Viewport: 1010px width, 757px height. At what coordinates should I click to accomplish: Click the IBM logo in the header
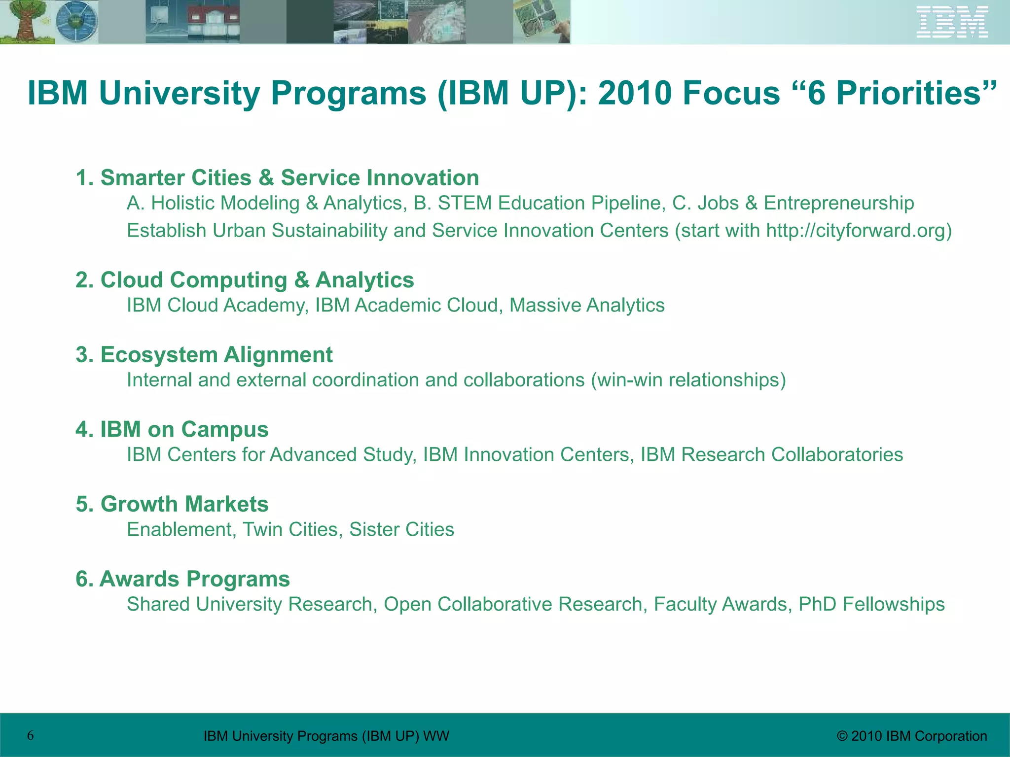(952, 22)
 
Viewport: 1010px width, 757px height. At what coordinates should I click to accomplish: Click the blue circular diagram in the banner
(76, 22)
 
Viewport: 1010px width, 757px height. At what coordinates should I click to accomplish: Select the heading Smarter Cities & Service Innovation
(277, 178)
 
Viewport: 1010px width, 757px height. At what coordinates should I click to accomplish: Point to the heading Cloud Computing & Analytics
(245, 280)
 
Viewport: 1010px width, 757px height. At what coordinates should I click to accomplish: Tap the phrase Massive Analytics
(587, 306)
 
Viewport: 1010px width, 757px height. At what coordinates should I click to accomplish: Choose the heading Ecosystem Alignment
(204, 355)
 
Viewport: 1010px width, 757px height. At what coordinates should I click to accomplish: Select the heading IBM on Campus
(172, 429)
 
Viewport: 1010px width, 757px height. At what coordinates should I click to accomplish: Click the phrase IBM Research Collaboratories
(772, 455)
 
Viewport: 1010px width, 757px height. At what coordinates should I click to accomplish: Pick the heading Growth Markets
(172, 504)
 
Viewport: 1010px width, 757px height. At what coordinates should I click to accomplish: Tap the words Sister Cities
(401, 530)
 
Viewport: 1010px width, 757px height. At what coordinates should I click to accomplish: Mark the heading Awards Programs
(182, 579)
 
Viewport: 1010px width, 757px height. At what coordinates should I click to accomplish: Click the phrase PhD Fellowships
(871, 604)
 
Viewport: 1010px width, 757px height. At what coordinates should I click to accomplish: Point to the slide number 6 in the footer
(31, 736)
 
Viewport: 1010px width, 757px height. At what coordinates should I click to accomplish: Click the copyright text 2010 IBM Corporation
(912, 736)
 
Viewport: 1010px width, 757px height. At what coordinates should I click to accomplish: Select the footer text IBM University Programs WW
(326, 736)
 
